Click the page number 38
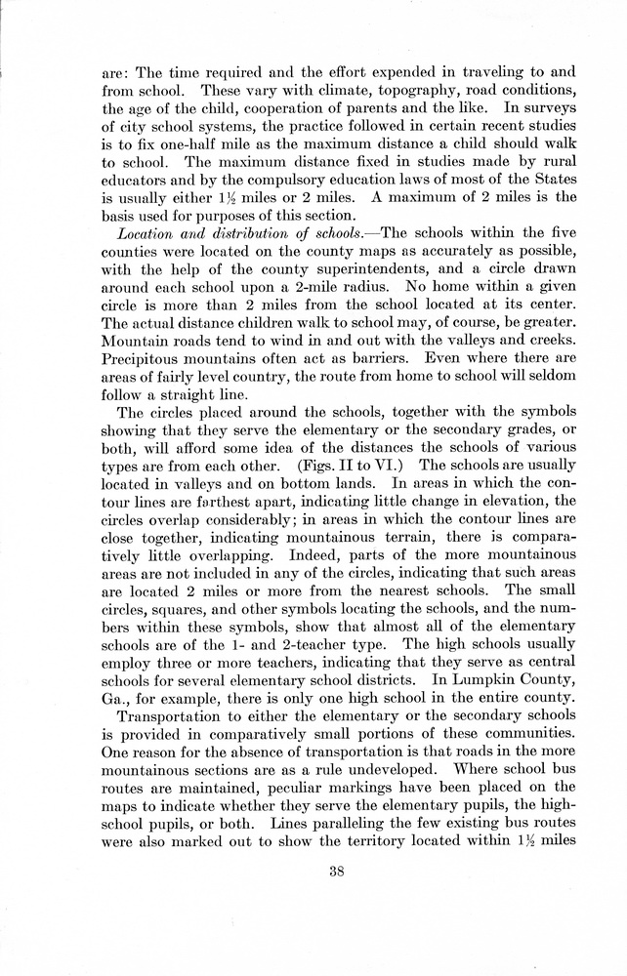(338, 873)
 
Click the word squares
(185, 619)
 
